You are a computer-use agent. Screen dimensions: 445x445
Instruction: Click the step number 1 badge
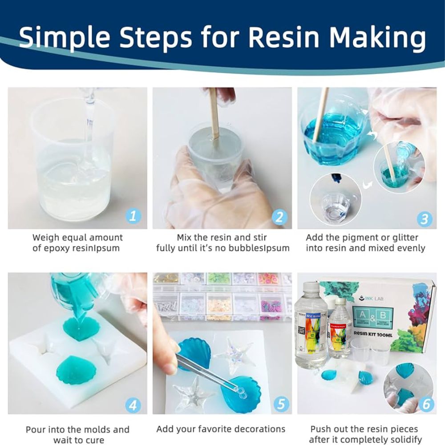[x=133, y=217]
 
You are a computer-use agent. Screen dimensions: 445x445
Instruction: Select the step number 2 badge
[x=279, y=217]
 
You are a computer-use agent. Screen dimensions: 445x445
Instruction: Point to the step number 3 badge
[x=424, y=218]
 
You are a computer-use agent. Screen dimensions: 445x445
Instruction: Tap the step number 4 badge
[x=133, y=405]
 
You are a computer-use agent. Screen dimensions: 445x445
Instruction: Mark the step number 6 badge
[x=426, y=404]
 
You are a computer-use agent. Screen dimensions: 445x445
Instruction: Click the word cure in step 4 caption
[x=95, y=440]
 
